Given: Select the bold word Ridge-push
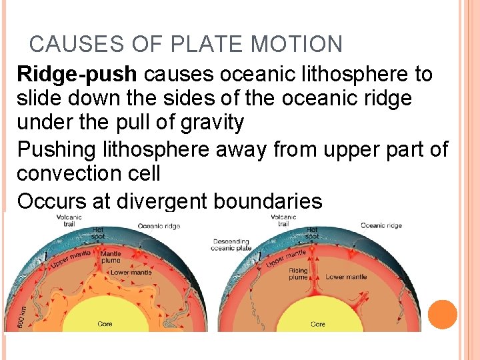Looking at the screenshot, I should click(77, 75).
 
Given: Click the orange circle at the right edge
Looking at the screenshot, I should click(443, 315).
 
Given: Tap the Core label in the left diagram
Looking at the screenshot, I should click(105, 325).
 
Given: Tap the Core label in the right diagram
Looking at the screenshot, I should click(318, 325).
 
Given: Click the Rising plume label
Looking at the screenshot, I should click(299, 274).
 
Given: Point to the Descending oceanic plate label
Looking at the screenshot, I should click(231, 245).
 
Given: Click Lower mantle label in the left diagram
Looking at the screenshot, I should click(131, 272).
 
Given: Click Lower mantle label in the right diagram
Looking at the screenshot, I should click(347, 277).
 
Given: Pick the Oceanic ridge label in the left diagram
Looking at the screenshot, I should click(159, 226).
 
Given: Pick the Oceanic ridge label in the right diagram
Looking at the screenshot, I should click(381, 225).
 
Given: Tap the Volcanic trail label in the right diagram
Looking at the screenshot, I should click(284, 220).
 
